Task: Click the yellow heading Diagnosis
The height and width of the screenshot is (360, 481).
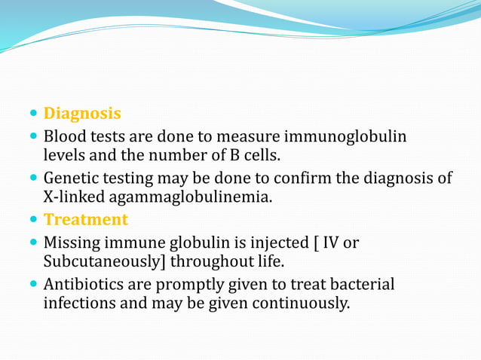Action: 82,114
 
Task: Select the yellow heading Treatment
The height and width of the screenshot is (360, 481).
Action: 86,220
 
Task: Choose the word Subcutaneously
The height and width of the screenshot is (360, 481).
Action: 105,261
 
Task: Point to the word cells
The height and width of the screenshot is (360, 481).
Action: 260,155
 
